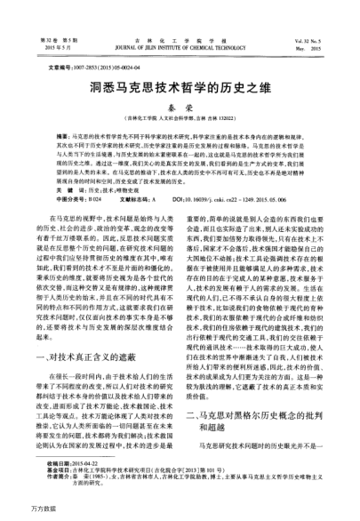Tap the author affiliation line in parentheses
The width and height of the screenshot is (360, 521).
[180, 118]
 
